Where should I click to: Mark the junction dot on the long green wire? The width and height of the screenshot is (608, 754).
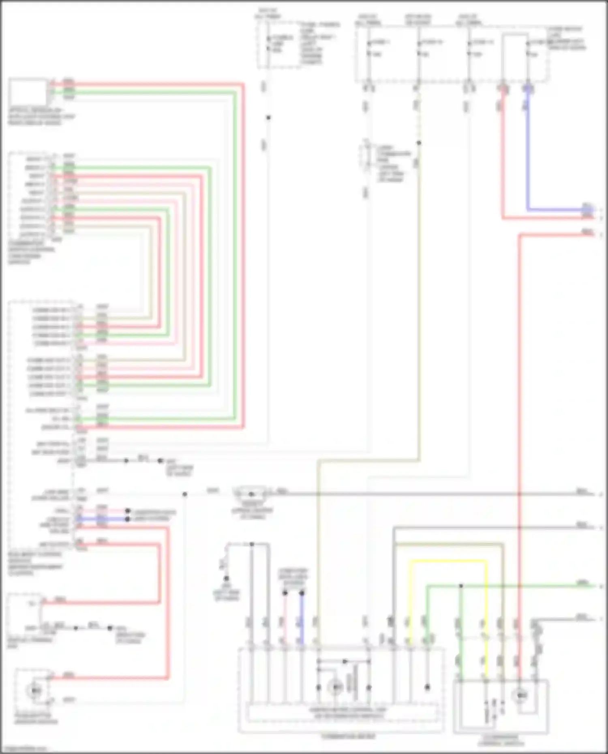click(x=461, y=586)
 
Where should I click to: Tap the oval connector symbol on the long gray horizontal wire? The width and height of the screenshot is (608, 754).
click(x=251, y=494)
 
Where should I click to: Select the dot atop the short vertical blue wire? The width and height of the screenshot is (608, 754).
click(x=302, y=593)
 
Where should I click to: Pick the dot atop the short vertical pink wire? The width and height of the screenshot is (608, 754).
click(x=285, y=593)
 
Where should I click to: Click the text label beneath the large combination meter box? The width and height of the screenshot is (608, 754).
click(x=348, y=736)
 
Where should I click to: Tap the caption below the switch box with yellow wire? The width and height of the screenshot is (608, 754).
click(x=501, y=741)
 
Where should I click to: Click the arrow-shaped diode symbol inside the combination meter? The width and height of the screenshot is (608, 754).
click(x=345, y=661)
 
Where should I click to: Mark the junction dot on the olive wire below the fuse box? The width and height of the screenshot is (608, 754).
click(x=419, y=143)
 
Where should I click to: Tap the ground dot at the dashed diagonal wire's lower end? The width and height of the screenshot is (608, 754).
click(x=226, y=579)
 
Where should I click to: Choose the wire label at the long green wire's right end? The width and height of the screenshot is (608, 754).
click(x=582, y=583)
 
